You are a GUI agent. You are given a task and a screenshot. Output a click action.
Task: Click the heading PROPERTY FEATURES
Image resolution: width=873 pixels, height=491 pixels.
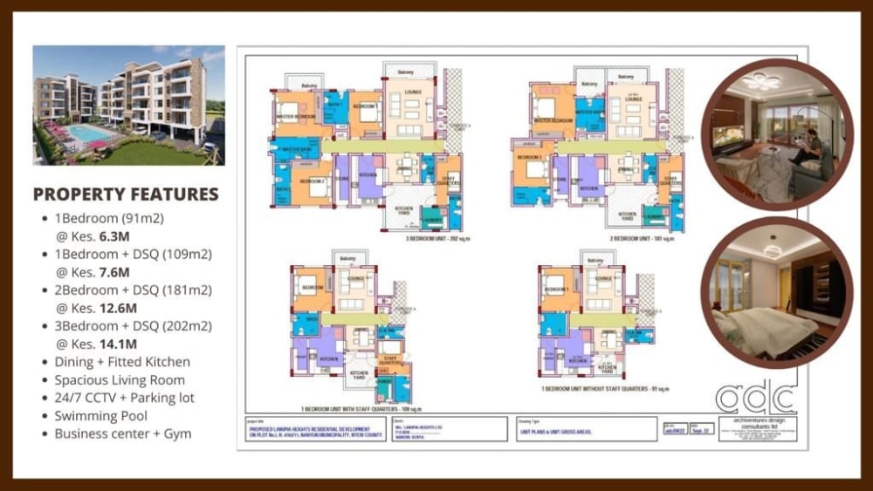click(126, 194)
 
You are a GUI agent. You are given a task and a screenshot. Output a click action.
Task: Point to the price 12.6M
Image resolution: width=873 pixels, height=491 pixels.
click(121, 307)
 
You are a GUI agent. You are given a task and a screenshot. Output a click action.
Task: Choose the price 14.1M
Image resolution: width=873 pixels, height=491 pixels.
click(121, 343)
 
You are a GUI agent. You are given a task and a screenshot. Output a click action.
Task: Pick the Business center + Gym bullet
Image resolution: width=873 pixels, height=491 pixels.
click(122, 433)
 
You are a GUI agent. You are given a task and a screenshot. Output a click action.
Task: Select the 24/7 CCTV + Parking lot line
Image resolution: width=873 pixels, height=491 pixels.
click(124, 398)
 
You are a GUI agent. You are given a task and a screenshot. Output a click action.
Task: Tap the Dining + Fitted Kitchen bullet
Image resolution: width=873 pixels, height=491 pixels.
click(121, 362)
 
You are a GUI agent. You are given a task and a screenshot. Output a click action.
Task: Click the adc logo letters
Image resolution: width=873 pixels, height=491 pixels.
click(756, 397)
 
